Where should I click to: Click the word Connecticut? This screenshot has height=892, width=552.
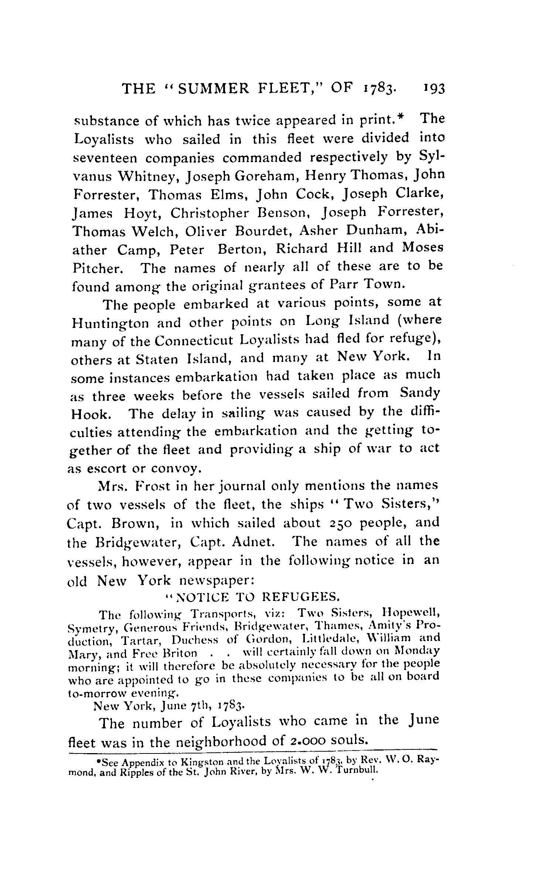[195, 341]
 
